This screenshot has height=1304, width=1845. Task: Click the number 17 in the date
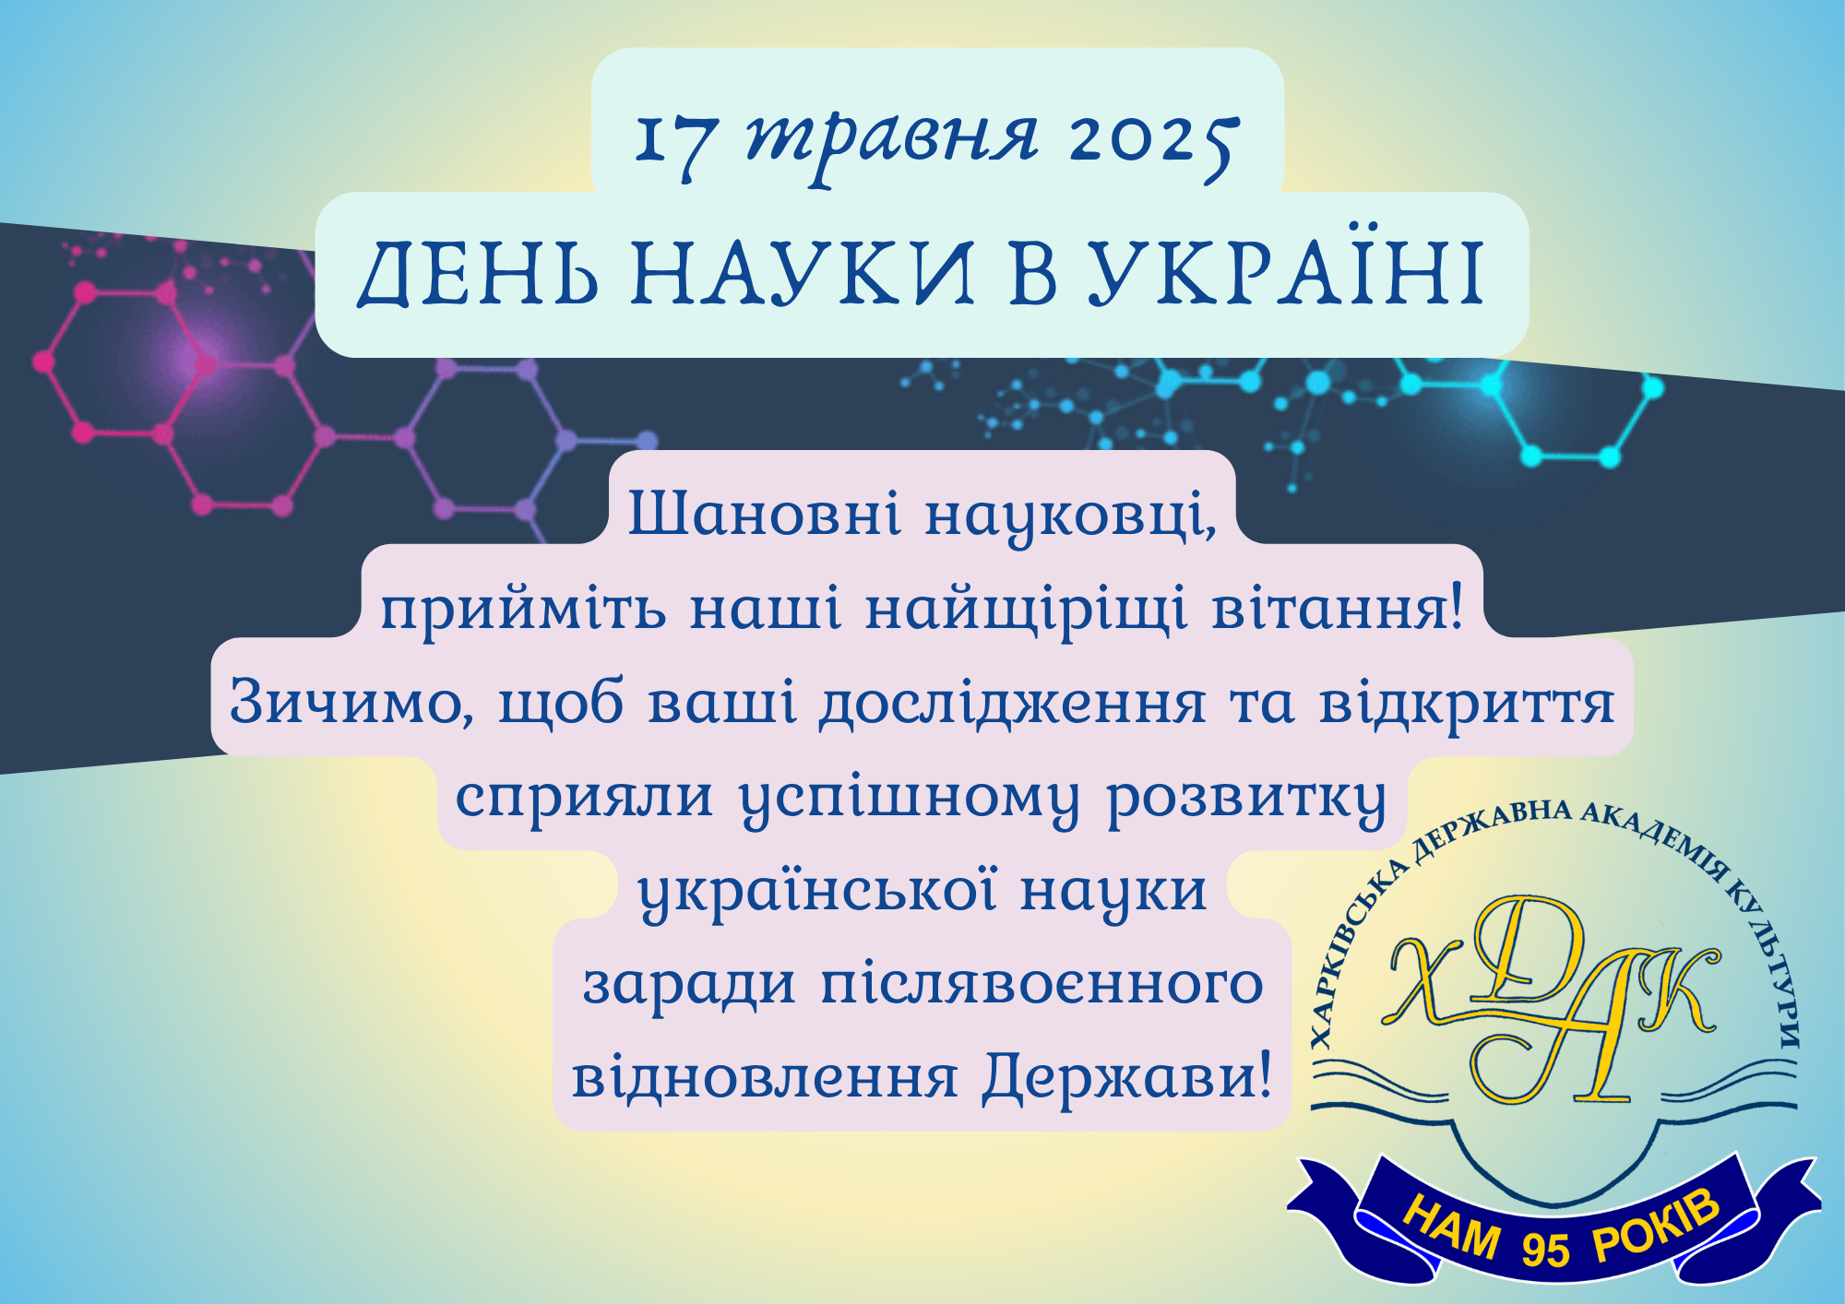pos(676,144)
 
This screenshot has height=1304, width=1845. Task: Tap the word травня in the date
pos(892,145)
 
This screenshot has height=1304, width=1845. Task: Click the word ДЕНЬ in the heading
pos(477,272)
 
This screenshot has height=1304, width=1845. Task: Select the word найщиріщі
pos(1027,609)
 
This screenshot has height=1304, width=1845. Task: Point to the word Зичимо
pos(351,703)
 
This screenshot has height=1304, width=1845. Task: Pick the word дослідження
pos(1013,705)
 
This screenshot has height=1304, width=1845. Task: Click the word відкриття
pos(1467,703)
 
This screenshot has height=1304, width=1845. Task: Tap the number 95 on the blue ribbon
pos(1544,1249)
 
